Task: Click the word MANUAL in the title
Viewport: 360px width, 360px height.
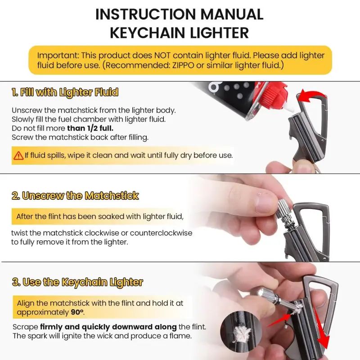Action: coord(232,14)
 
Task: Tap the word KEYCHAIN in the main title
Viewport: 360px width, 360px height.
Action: coord(148,33)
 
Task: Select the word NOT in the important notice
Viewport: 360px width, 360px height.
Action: coord(162,55)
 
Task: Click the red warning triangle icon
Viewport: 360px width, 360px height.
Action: coord(18,156)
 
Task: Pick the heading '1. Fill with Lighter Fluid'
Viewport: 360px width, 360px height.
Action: coord(65,92)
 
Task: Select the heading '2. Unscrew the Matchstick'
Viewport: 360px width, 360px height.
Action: coord(75,196)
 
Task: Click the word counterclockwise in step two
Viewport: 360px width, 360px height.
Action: coord(161,233)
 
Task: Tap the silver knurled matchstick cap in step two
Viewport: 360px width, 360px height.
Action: coord(283,209)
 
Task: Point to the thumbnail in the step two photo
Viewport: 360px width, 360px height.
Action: coord(264,202)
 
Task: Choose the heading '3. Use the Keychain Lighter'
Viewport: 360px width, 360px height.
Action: coord(77,282)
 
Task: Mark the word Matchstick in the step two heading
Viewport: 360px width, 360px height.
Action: coord(112,196)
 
